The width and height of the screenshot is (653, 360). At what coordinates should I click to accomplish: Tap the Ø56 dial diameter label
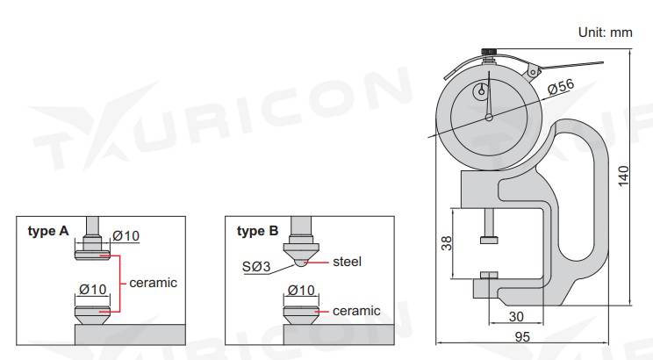click(559, 86)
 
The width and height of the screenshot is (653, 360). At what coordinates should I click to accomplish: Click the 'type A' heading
click(47, 232)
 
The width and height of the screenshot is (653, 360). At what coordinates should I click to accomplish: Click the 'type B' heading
click(257, 232)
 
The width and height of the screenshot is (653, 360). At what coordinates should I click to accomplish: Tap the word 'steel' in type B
click(347, 261)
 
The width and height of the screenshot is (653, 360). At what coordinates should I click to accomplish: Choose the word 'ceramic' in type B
click(356, 311)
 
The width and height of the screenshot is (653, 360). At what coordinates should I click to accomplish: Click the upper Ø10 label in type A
click(126, 235)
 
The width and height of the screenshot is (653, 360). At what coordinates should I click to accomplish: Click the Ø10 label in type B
click(301, 291)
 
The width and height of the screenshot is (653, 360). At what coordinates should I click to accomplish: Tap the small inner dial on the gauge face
click(482, 91)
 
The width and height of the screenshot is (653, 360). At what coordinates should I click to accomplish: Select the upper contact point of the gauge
click(489, 241)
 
